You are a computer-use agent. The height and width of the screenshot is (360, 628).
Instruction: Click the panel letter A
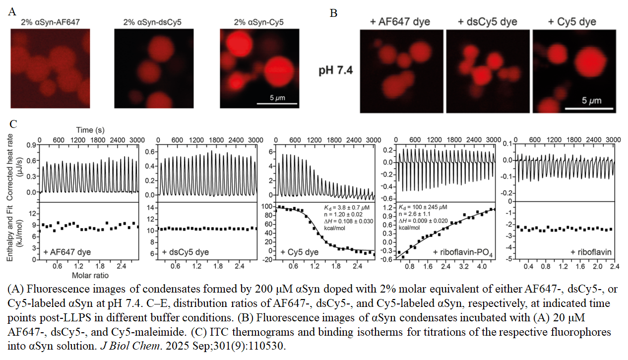coord(12,11)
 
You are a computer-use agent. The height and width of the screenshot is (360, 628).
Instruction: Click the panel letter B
coord(333,13)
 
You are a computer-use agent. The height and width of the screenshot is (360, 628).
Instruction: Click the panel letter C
coord(13,124)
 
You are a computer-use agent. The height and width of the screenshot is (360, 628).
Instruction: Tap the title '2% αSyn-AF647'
coord(50,22)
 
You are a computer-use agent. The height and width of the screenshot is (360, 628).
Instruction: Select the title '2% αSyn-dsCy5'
coord(152,22)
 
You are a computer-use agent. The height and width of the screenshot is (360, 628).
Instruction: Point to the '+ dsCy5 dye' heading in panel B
coord(487,22)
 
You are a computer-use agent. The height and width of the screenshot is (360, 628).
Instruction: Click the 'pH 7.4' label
coord(336,70)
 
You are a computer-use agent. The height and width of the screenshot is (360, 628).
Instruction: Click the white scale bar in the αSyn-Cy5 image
coord(277,104)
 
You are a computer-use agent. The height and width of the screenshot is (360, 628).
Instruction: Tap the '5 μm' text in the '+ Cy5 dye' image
coord(592,100)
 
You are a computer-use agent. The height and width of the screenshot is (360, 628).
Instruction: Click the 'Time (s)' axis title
coord(90,130)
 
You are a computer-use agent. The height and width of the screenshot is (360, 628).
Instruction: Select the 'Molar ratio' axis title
coord(90,275)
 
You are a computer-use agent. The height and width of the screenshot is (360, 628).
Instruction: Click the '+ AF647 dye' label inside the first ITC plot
coord(67,252)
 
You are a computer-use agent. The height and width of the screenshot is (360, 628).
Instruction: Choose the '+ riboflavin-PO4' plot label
coord(463,253)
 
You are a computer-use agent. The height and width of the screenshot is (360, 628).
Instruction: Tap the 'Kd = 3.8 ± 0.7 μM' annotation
coord(347,208)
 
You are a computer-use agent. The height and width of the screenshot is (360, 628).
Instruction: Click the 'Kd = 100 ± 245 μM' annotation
coord(423,207)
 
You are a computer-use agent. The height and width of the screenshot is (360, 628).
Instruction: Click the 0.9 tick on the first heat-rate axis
coord(31,145)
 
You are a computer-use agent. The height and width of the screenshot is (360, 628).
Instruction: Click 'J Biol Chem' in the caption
coord(130,346)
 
